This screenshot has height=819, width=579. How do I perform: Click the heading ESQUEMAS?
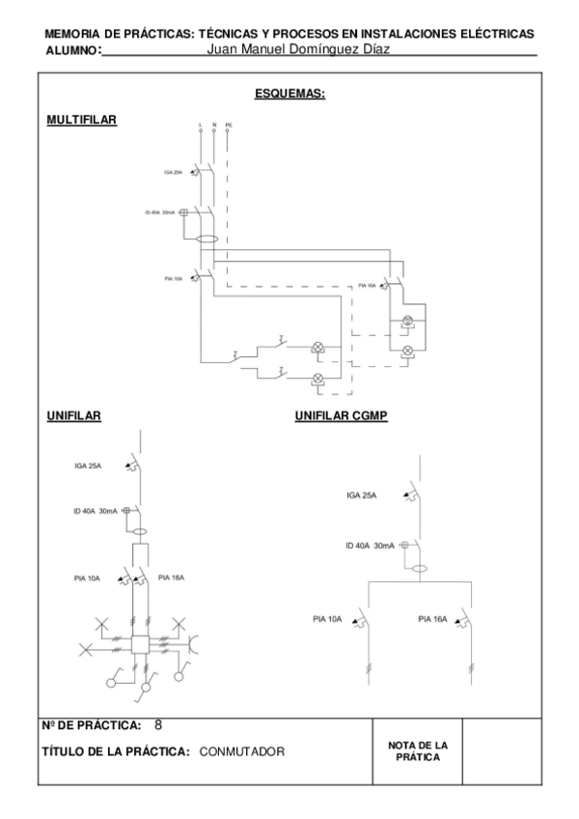click(x=289, y=94)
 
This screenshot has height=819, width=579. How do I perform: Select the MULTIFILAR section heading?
click(x=81, y=119)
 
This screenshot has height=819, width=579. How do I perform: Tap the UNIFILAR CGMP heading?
click(x=341, y=416)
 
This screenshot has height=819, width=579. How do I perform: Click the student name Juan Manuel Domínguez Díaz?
click(x=298, y=48)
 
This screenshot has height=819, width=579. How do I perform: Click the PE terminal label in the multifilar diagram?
click(x=229, y=126)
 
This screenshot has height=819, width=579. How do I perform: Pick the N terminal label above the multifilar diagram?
click(x=213, y=126)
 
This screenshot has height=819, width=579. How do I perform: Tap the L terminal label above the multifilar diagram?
click(x=199, y=126)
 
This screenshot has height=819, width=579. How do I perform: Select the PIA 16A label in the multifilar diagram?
click(x=366, y=286)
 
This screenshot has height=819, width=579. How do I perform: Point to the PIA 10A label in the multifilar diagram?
click(x=173, y=278)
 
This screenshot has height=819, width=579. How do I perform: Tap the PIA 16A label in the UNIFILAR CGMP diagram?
click(x=432, y=619)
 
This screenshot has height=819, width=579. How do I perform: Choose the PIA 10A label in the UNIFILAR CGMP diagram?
click(x=327, y=619)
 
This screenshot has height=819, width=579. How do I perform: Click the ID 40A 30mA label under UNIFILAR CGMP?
click(x=371, y=546)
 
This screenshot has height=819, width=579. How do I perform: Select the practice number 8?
click(x=158, y=723)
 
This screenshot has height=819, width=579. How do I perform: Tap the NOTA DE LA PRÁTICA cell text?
click(x=418, y=750)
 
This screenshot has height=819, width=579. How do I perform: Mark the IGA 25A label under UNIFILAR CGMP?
click(x=362, y=495)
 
